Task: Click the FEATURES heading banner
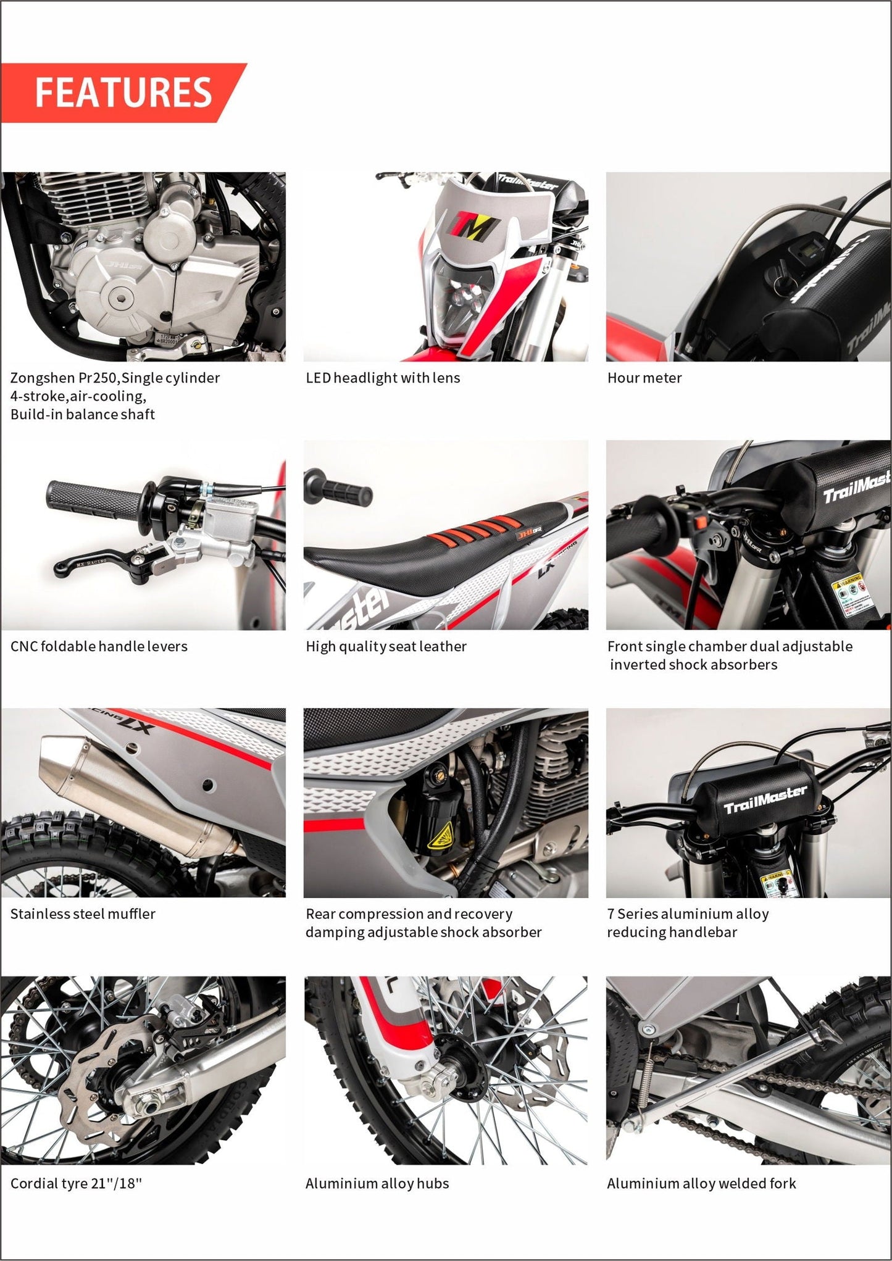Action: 123,93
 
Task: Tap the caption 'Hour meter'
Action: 644,378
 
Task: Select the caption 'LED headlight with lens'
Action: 383,378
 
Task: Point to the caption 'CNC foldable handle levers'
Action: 99,646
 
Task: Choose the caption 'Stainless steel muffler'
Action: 83,913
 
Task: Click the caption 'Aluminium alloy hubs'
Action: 377,1183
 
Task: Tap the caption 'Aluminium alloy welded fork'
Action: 701,1183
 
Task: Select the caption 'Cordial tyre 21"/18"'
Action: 76,1183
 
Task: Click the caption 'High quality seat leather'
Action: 386,646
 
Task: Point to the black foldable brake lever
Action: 102,559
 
